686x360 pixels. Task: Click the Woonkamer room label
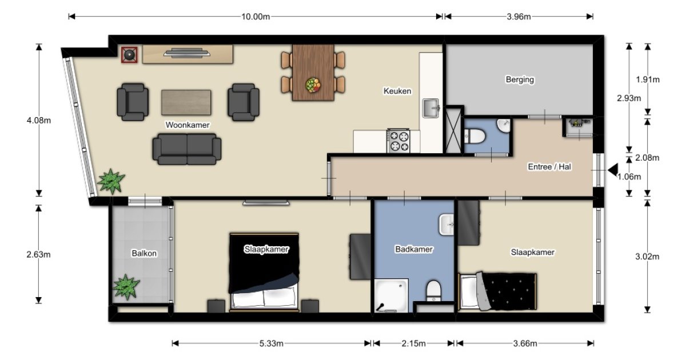(188, 125)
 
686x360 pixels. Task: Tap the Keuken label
(397, 91)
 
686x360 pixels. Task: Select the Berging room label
(520, 79)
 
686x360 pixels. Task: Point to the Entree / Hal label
(549, 167)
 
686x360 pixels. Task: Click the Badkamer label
(414, 249)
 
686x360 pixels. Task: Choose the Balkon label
(144, 254)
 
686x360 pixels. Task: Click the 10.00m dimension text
(256, 17)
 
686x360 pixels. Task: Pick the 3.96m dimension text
(519, 17)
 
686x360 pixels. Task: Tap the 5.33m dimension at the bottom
(272, 343)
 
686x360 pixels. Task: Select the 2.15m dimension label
(413, 343)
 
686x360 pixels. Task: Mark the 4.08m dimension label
(39, 121)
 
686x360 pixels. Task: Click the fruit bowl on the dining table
(313, 85)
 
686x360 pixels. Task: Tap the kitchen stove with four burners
(398, 141)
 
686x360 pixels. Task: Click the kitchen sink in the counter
(431, 108)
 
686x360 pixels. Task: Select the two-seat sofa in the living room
(187, 149)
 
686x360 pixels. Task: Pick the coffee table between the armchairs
(186, 102)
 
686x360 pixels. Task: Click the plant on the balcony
(126, 287)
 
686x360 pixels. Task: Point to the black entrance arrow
(613, 170)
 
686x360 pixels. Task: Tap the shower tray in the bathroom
(392, 295)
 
